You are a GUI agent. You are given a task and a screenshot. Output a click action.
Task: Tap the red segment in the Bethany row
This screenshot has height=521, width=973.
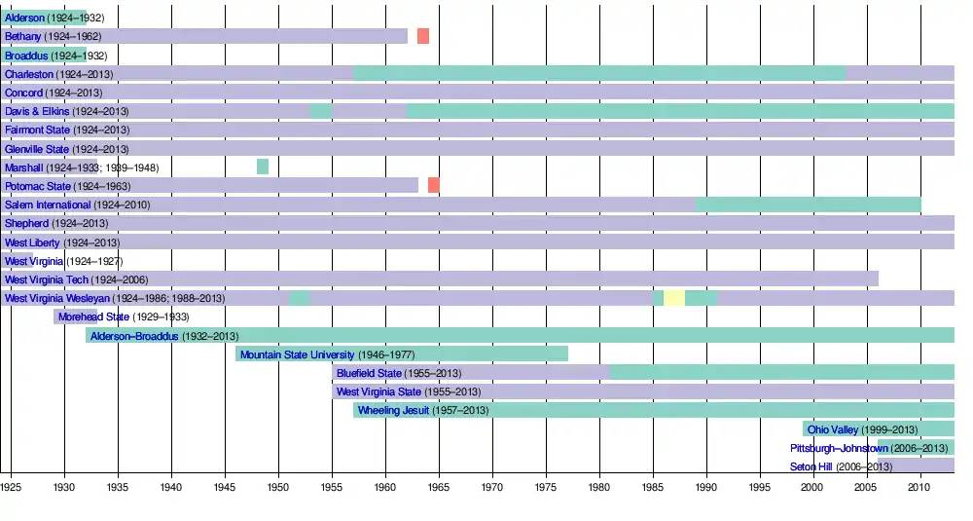tap(423, 36)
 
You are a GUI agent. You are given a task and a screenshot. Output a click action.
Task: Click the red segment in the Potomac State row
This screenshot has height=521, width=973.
tap(434, 185)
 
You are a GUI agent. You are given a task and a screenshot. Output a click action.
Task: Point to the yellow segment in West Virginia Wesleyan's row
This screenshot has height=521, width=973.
tap(674, 298)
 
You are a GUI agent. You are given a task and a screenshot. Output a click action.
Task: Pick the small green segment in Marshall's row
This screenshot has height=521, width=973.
tap(263, 167)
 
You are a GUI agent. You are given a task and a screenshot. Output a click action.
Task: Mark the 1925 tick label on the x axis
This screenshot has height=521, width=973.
tap(11, 485)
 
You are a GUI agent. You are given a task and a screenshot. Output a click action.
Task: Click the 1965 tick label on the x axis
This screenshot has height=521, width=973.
tap(439, 485)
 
